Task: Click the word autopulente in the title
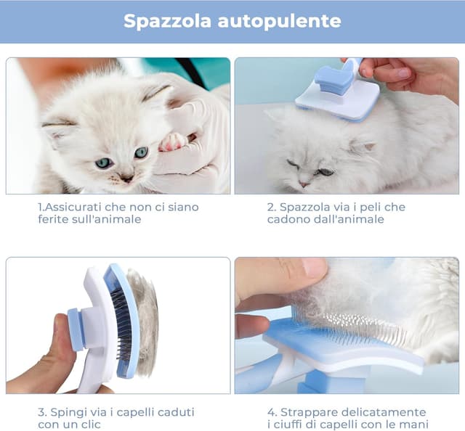279,21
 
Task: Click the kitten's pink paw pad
174,141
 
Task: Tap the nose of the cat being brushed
304,183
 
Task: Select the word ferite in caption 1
54,219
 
